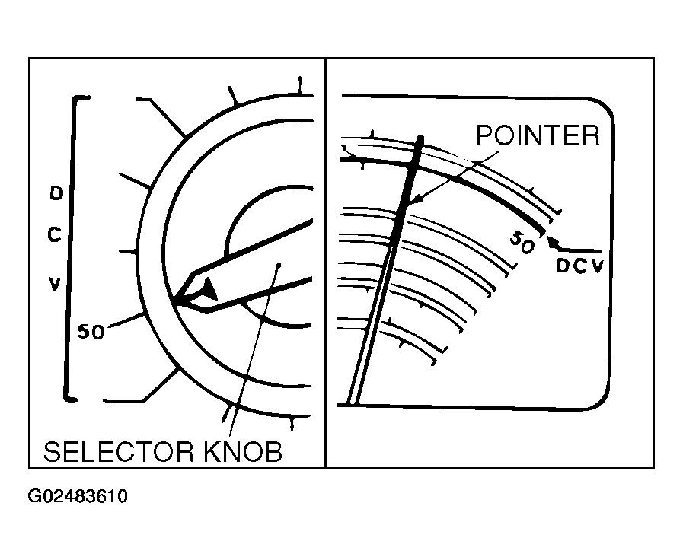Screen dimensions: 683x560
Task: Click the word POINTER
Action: pos(538,135)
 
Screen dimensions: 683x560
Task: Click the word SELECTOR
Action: pos(119,452)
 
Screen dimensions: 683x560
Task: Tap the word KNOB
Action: pos(243,452)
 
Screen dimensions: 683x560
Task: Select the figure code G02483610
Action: pos(78,497)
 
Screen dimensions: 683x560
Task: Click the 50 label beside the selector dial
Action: pos(91,332)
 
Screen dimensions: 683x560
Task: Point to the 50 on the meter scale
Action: pos(522,242)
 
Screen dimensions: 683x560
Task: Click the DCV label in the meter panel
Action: pos(579,266)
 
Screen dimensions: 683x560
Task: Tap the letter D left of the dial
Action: pos(56,193)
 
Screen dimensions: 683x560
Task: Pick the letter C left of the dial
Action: pos(55,235)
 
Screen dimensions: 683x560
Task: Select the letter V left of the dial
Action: pos(54,284)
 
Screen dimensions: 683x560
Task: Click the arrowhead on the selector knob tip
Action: pos(208,290)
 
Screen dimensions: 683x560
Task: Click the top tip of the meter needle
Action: pos(421,138)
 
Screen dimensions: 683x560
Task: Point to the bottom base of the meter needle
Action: pos(352,403)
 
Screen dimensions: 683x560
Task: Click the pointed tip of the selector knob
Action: pos(175,301)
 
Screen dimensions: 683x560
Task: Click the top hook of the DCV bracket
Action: pos(81,98)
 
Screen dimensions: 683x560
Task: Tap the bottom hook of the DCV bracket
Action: pos(71,398)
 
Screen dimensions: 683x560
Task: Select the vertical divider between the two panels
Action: pos(325,262)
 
